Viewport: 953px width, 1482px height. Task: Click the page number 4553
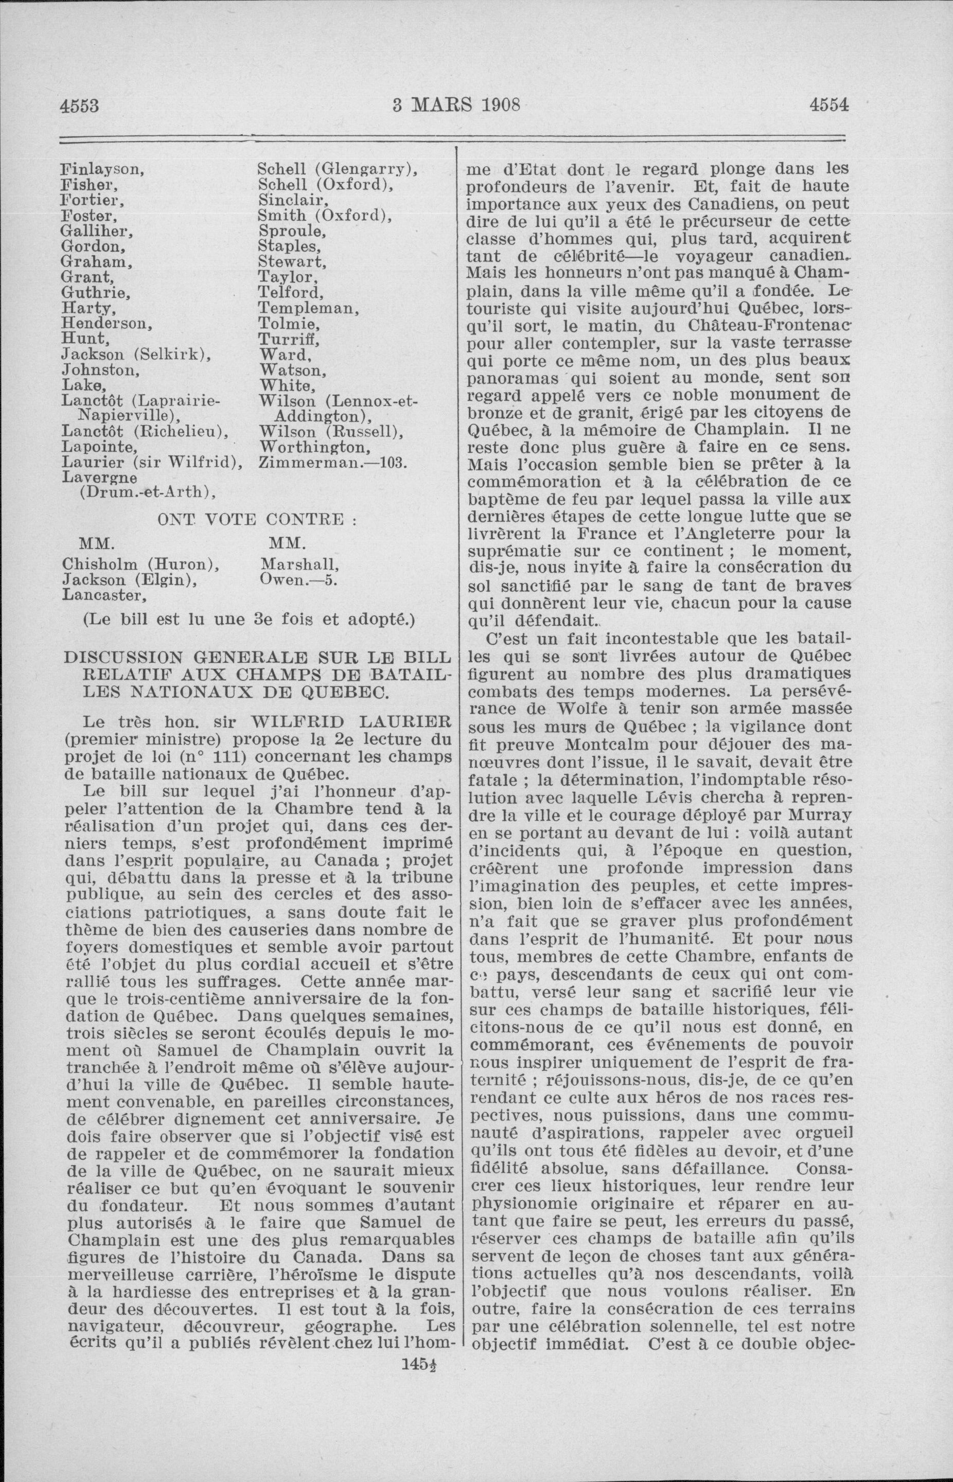79,106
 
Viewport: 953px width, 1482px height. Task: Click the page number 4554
829,106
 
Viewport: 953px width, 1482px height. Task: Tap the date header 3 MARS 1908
456,106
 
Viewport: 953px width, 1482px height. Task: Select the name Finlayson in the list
101,169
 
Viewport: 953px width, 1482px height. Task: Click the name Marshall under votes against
299,564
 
